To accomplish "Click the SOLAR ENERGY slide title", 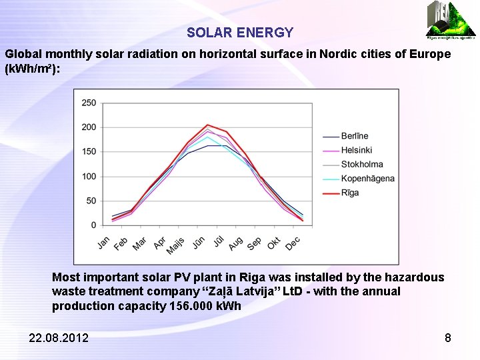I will point(240,33).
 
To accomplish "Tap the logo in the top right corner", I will point(451,19).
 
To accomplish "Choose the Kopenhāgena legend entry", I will point(367,178).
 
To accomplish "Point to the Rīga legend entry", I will point(350,193).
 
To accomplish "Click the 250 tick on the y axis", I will point(89,103).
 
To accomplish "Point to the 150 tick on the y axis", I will point(89,152).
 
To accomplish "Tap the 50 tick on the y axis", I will point(91,201).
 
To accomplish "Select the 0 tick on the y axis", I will point(93,225).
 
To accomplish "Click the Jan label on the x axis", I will point(104,242).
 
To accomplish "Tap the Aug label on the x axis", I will point(235,243).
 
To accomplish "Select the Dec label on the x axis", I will point(293,243).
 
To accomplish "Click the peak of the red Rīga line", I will point(207,125).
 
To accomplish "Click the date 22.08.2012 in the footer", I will point(59,338).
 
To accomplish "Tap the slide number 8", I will point(448,338).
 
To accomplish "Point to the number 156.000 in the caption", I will point(191,306).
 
